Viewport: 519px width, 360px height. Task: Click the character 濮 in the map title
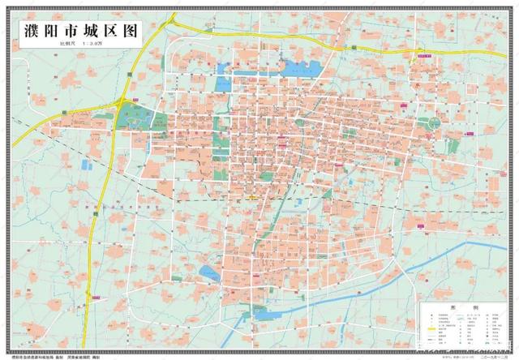pyautogui.click(x=29, y=32)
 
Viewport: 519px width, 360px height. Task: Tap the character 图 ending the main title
pyautogui.click(x=127, y=32)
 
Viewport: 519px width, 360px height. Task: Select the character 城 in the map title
pyautogui.click(x=78, y=32)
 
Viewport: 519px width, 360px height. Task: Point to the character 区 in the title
pyautogui.click(x=102, y=32)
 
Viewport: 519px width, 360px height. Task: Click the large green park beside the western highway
pyautogui.click(x=134, y=116)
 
